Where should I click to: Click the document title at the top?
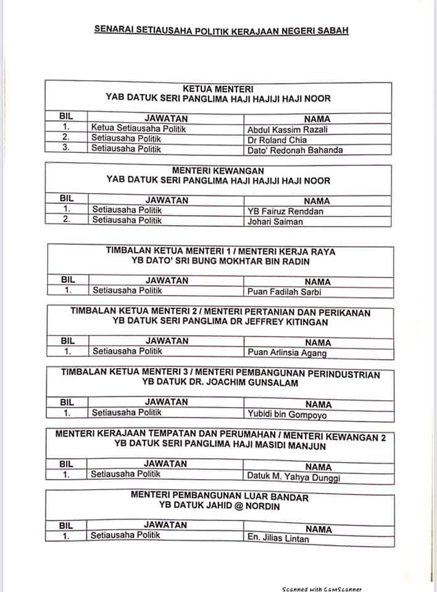point(221,29)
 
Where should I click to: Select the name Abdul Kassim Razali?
point(279,129)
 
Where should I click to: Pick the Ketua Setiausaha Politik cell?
point(139,129)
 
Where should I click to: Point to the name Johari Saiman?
point(275,221)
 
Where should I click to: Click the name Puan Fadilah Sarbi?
point(285,292)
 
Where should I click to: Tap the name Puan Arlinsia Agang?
point(287,353)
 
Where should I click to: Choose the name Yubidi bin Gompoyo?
point(288,415)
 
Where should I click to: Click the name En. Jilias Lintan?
point(278,538)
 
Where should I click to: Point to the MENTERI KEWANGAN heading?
point(218,170)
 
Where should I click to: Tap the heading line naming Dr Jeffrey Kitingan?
point(220,322)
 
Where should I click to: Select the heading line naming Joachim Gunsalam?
point(220,383)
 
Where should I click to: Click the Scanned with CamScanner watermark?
point(321,588)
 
